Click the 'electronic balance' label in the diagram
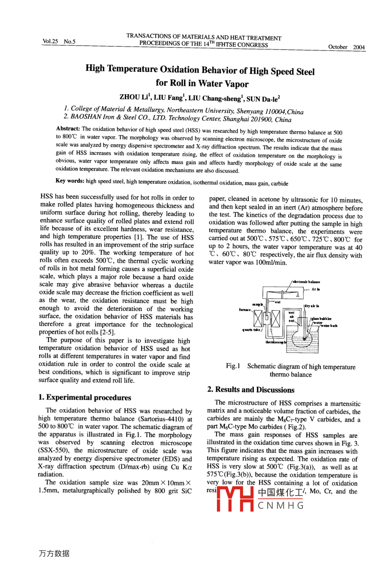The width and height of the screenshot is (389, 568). click(306, 282)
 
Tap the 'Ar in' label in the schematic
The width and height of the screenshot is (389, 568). click(316, 290)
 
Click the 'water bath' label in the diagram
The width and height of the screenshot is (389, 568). click(329, 326)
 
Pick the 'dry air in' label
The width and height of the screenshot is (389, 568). click(312, 306)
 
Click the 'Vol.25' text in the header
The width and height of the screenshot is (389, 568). click(50, 41)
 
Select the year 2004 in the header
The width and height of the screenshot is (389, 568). click(359, 47)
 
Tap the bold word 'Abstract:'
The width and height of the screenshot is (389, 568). click(68, 129)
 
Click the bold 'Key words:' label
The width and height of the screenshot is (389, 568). click(70, 181)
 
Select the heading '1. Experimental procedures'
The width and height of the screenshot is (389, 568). click(84, 397)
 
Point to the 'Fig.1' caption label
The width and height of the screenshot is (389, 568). click(233, 366)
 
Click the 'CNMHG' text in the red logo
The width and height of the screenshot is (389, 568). click(281, 505)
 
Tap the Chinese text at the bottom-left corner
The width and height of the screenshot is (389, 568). click(54, 553)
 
